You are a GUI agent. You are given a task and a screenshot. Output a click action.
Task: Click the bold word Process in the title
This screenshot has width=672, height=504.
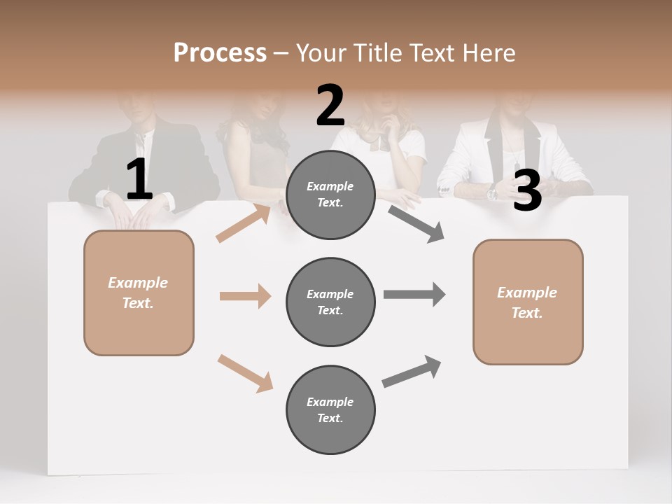(x=220, y=52)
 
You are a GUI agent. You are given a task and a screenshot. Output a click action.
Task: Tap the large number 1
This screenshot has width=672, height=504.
(x=139, y=180)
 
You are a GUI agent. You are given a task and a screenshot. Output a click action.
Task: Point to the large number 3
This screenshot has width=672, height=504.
(x=527, y=190)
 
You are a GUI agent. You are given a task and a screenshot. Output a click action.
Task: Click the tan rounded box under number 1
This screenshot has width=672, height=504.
(x=139, y=293)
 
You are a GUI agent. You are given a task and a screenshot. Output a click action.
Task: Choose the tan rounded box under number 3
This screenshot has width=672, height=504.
(x=528, y=302)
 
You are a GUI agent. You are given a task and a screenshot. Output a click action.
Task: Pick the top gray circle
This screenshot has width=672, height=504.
(x=330, y=195)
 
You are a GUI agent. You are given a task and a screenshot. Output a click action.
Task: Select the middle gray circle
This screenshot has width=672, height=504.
(x=330, y=302)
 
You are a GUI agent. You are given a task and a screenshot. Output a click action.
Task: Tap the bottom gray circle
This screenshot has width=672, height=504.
(x=330, y=409)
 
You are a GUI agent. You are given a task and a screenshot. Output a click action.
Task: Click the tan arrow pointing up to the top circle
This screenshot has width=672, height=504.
(x=244, y=223)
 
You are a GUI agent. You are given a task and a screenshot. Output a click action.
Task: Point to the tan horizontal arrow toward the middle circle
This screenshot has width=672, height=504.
(x=245, y=296)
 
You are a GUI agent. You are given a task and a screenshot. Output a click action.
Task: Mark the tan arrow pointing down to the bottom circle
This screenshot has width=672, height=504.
(x=245, y=373)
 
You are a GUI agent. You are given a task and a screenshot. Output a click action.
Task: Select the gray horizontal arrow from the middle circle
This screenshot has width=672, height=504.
(x=414, y=294)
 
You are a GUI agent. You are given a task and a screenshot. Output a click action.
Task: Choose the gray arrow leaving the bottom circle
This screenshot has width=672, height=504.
(x=412, y=372)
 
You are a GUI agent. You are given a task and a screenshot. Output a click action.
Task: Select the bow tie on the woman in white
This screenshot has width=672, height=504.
(x=379, y=143)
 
